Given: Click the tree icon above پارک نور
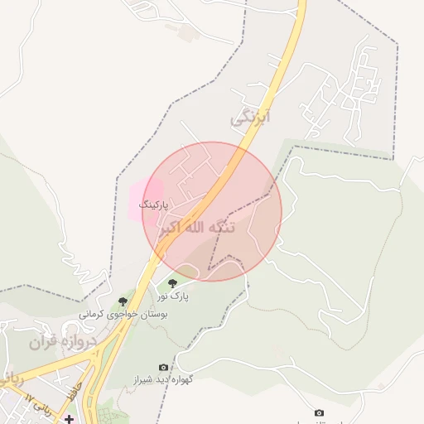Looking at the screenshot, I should tap(172, 283).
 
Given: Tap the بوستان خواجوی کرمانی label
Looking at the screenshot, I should tap(123, 315).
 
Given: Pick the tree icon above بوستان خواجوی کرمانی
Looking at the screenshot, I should tap(123, 301).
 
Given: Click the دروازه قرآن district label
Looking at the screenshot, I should tap(63, 341).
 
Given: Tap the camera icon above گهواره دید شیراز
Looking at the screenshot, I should tap(163, 367).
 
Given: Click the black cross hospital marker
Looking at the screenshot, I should tap(68, 418).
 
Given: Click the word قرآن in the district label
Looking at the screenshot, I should tap(44, 341).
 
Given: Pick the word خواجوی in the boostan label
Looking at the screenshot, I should tap(123, 315).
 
